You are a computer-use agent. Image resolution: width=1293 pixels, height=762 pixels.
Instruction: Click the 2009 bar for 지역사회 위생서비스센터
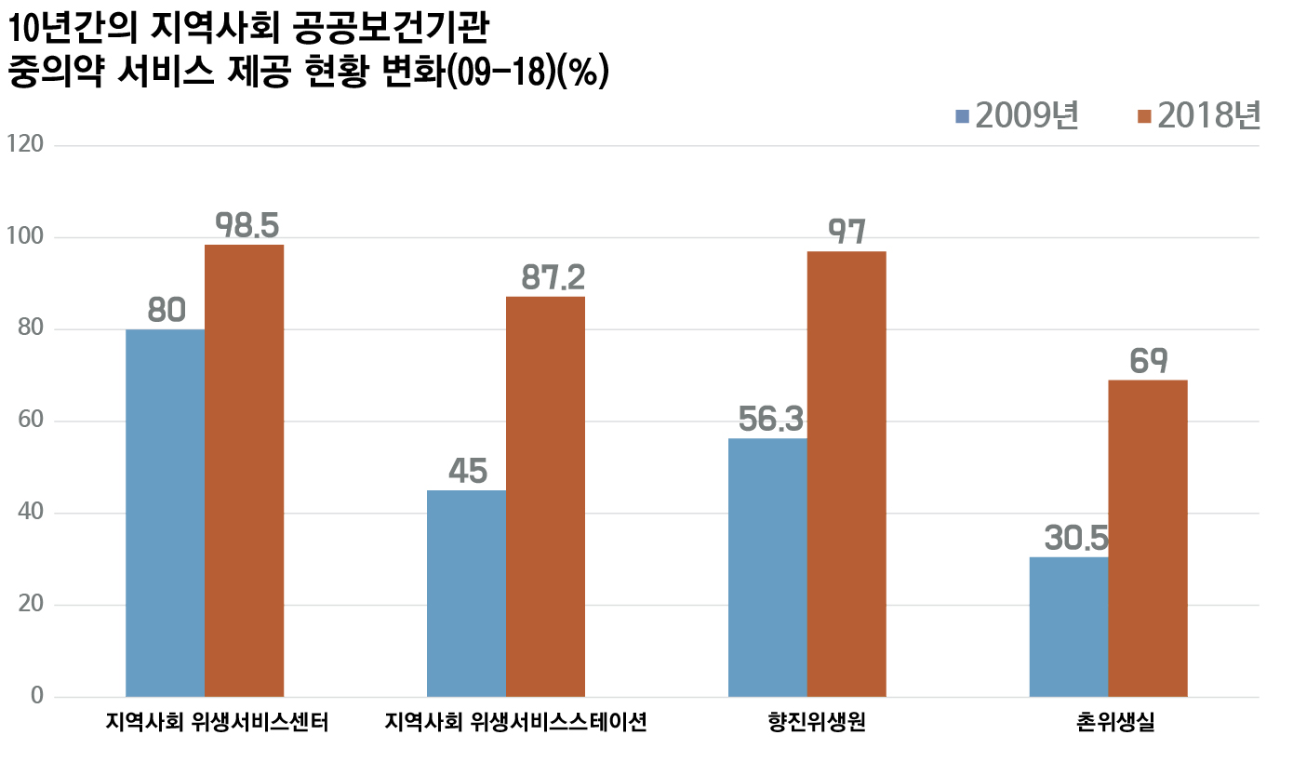pyautogui.click(x=165, y=513)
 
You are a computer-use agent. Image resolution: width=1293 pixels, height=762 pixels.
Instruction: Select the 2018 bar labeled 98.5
pyautogui.click(x=244, y=470)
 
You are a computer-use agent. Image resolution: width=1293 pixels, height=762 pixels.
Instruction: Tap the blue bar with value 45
pyautogui.click(x=466, y=593)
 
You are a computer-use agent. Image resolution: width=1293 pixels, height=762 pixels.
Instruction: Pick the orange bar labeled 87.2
pyautogui.click(x=545, y=496)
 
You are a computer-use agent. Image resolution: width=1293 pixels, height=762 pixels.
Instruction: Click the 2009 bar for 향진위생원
pyautogui.click(x=767, y=567)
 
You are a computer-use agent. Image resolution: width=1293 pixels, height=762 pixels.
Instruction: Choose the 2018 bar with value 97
pyautogui.click(x=846, y=474)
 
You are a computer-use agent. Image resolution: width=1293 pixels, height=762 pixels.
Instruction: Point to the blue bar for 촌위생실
pyautogui.click(x=1069, y=626)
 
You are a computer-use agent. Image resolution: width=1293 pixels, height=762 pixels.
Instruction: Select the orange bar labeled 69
pyautogui.click(x=1148, y=538)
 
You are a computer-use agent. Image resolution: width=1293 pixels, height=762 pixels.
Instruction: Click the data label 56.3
pyautogui.click(x=770, y=420)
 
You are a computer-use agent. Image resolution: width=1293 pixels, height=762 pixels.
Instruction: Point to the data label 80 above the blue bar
pyautogui.click(x=167, y=311)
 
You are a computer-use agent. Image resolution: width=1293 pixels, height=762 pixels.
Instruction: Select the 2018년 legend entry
pyautogui.click(x=1198, y=116)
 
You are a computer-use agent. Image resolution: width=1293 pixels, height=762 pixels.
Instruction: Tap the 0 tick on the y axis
pyautogui.click(x=36, y=696)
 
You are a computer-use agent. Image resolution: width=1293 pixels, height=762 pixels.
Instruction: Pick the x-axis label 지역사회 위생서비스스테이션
pyautogui.click(x=515, y=723)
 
